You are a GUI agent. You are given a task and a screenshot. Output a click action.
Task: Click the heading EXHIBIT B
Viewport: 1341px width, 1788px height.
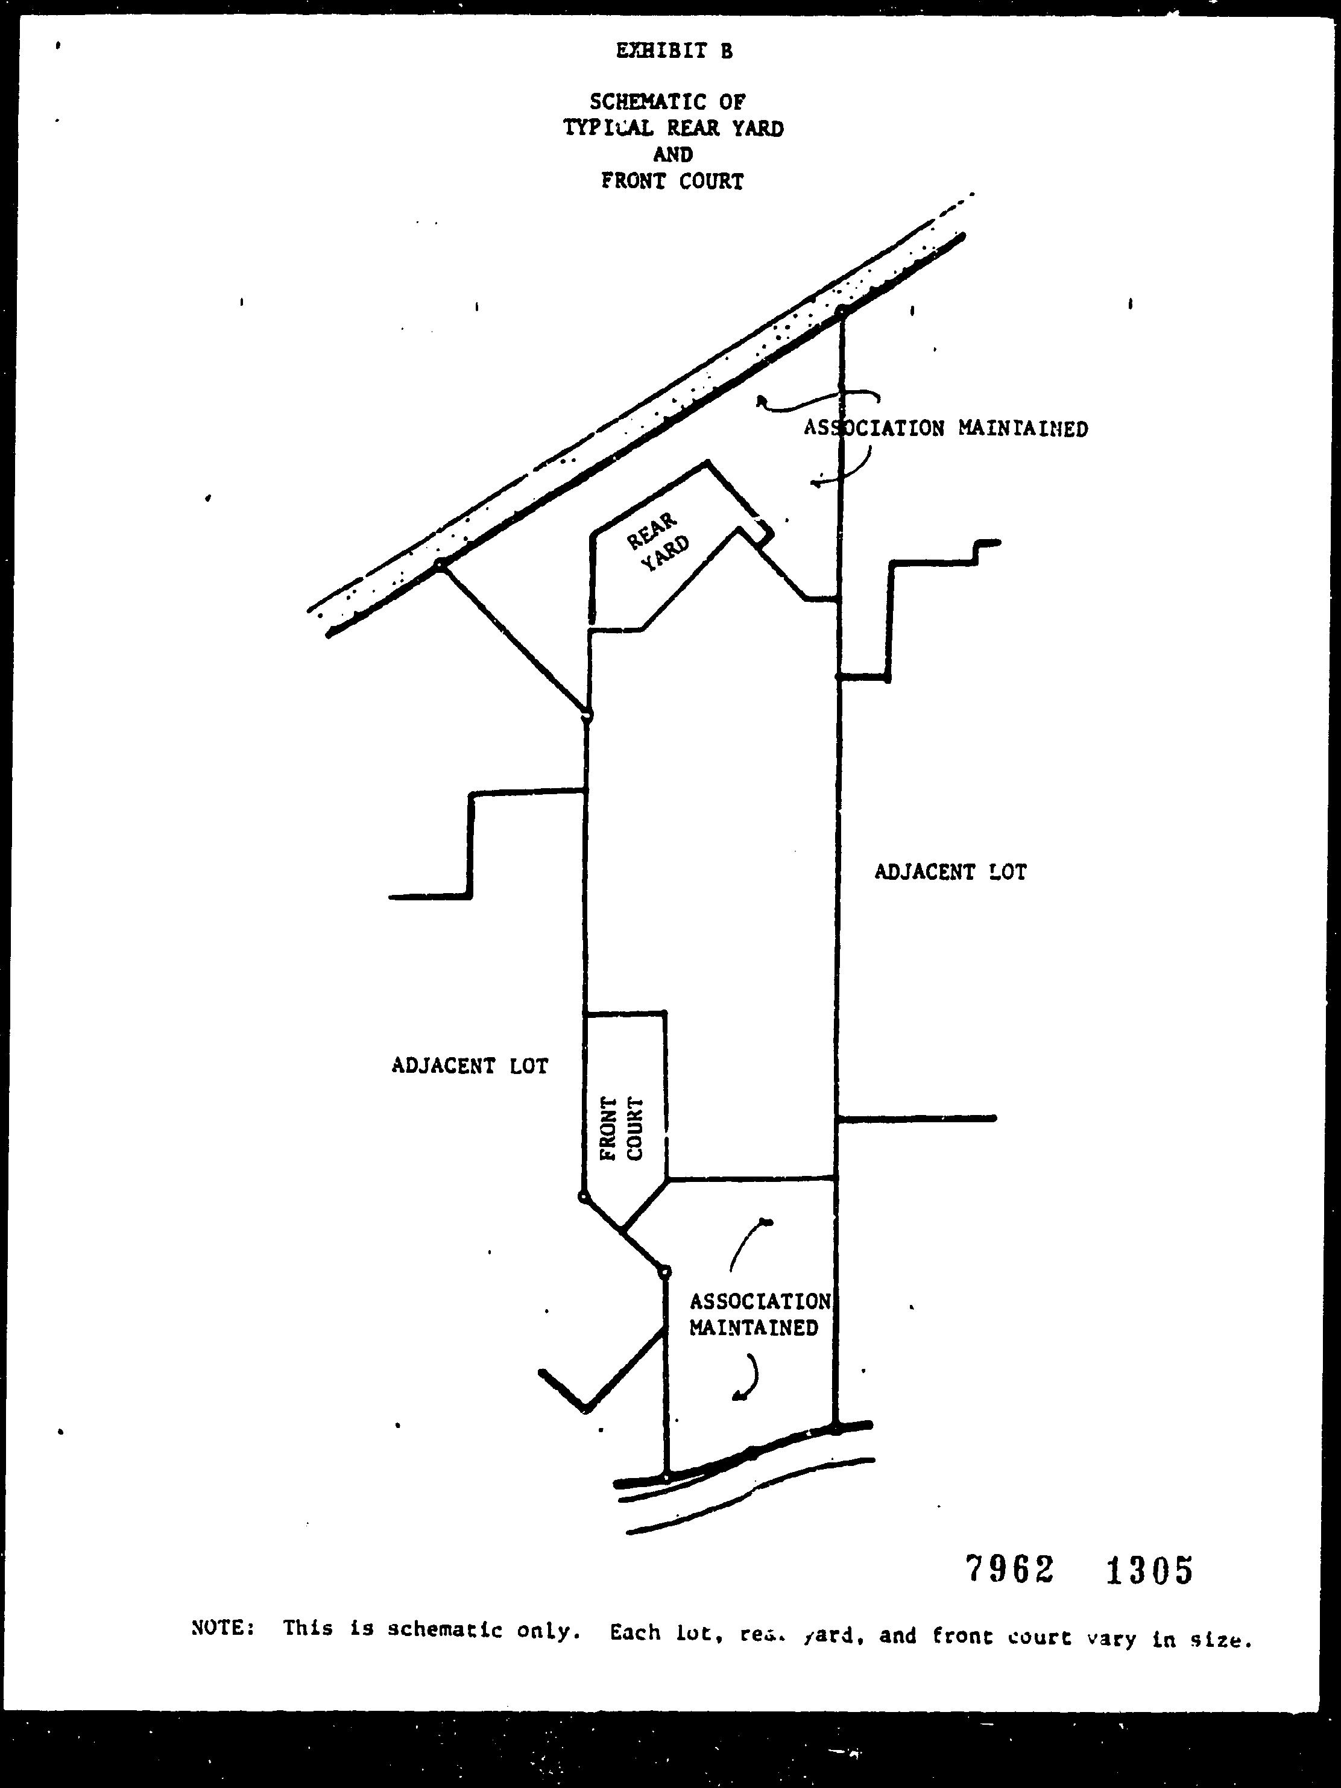click(x=674, y=51)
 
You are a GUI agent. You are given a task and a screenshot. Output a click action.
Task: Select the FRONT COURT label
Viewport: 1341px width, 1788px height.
click(x=622, y=1128)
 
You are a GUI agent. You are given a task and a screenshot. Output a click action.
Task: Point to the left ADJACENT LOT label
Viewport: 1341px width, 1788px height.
click(x=470, y=1066)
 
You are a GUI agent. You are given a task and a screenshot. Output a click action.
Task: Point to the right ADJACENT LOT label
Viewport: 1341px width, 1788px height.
click(x=951, y=872)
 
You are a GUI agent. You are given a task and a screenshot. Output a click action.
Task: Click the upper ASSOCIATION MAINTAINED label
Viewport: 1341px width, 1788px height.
click(x=945, y=428)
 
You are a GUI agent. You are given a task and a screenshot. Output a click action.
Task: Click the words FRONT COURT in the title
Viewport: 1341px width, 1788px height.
click(x=672, y=181)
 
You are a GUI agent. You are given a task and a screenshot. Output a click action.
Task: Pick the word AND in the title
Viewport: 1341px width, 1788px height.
click(x=672, y=154)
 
